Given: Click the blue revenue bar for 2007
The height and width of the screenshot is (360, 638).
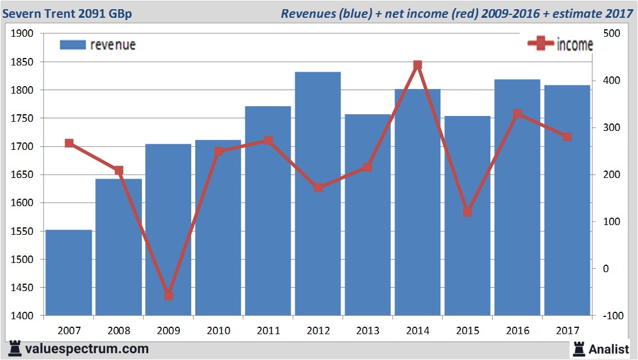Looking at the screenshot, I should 69,273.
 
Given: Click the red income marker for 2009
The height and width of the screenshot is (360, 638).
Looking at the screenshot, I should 169,296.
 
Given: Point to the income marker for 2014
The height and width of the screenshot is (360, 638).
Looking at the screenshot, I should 418,65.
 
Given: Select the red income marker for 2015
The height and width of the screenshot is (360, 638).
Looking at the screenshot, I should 467,212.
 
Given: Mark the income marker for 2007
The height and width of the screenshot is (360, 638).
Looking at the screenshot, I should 69,143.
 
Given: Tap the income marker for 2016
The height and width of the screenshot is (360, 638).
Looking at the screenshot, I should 517,114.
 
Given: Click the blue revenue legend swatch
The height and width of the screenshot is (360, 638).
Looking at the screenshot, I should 72,45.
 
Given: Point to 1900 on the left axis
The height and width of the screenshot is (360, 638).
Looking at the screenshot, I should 22,34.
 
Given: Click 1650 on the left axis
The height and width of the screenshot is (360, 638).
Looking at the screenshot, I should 22,175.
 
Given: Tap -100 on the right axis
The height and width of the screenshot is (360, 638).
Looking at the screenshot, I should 611,316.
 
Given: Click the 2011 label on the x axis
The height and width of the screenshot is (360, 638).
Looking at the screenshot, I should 268,331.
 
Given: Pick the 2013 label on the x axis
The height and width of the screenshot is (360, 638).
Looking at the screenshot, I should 368,331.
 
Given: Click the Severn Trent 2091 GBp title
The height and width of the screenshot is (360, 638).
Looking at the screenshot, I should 68,13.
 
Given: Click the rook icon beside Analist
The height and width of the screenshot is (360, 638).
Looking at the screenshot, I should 578,348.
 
